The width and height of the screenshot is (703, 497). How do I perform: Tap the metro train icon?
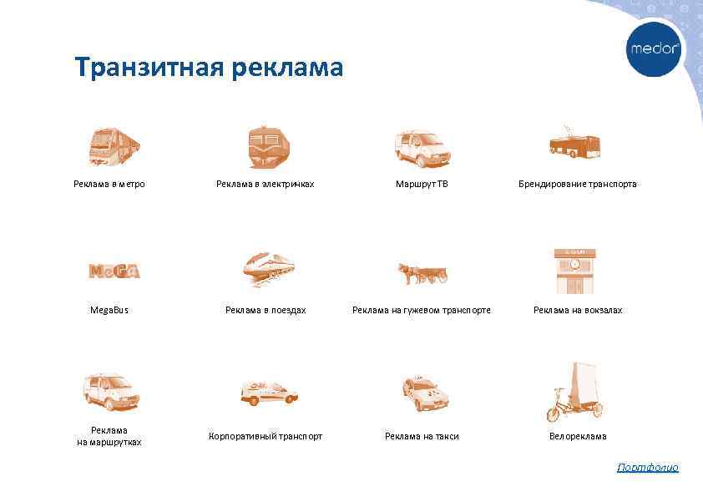pyautogui.click(x=114, y=147)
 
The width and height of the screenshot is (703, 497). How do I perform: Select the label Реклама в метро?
pyautogui.click(x=109, y=184)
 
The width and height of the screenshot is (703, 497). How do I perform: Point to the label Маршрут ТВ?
pyautogui.click(x=422, y=184)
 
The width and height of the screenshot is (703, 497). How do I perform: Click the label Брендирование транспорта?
pyautogui.click(x=578, y=184)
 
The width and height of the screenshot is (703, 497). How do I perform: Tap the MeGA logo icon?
pyautogui.click(x=114, y=271)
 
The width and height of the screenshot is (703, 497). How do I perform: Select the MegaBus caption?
pyautogui.click(x=109, y=310)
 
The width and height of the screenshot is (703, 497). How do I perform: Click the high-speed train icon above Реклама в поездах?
pyautogui.click(x=268, y=269)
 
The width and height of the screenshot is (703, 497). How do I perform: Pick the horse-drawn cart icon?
pyautogui.click(x=422, y=273)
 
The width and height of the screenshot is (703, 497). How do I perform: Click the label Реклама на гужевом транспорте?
pyautogui.click(x=422, y=310)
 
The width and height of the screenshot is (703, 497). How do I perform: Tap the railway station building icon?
pyautogui.click(x=575, y=271)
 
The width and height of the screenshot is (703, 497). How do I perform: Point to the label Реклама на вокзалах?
pyautogui.click(x=578, y=310)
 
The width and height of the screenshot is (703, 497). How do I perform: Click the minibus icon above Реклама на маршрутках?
pyautogui.click(x=111, y=392)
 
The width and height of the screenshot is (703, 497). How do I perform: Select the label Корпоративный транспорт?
pyautogui.click(x=266, y=436)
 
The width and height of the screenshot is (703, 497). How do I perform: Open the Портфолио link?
pyautogui.click(x=648, y=468)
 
